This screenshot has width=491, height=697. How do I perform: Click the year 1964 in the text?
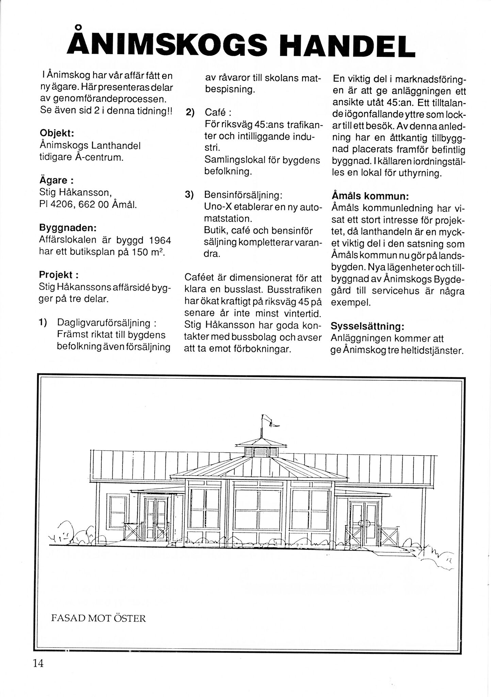(160, 241)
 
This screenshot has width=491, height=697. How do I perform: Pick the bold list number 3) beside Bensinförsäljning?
(189, 194)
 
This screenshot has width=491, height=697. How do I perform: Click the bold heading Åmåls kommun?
(370, 196)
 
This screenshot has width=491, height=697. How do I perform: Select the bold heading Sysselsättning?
(367, 326)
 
